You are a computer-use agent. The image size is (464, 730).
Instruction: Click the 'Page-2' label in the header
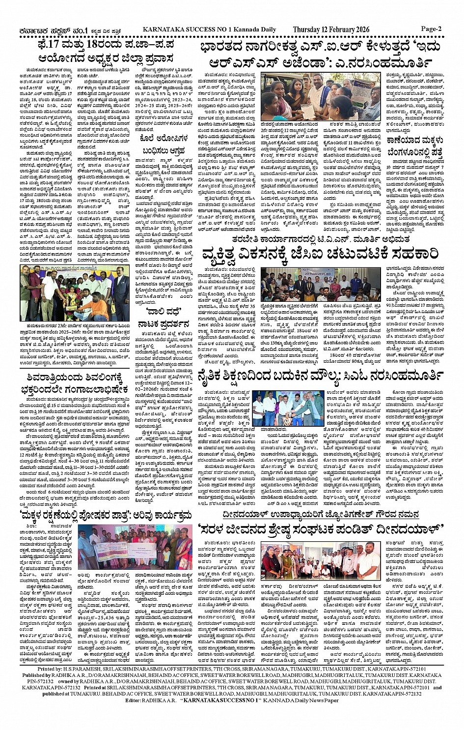[431, 29]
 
